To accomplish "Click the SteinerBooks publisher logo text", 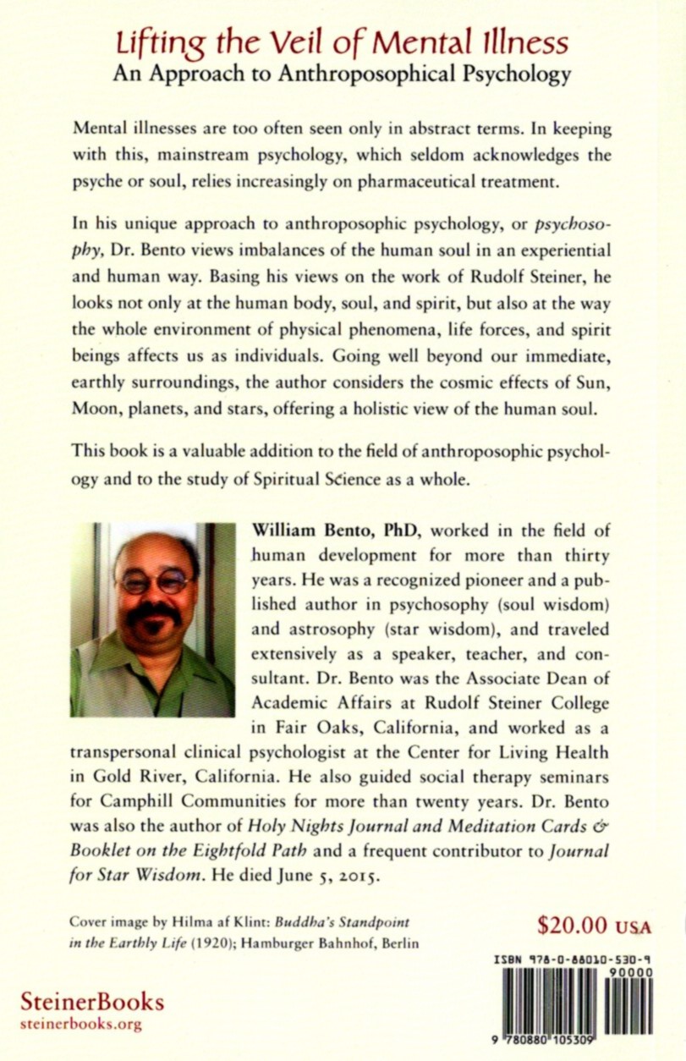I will pyautogui.click(x=92, y=1003).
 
